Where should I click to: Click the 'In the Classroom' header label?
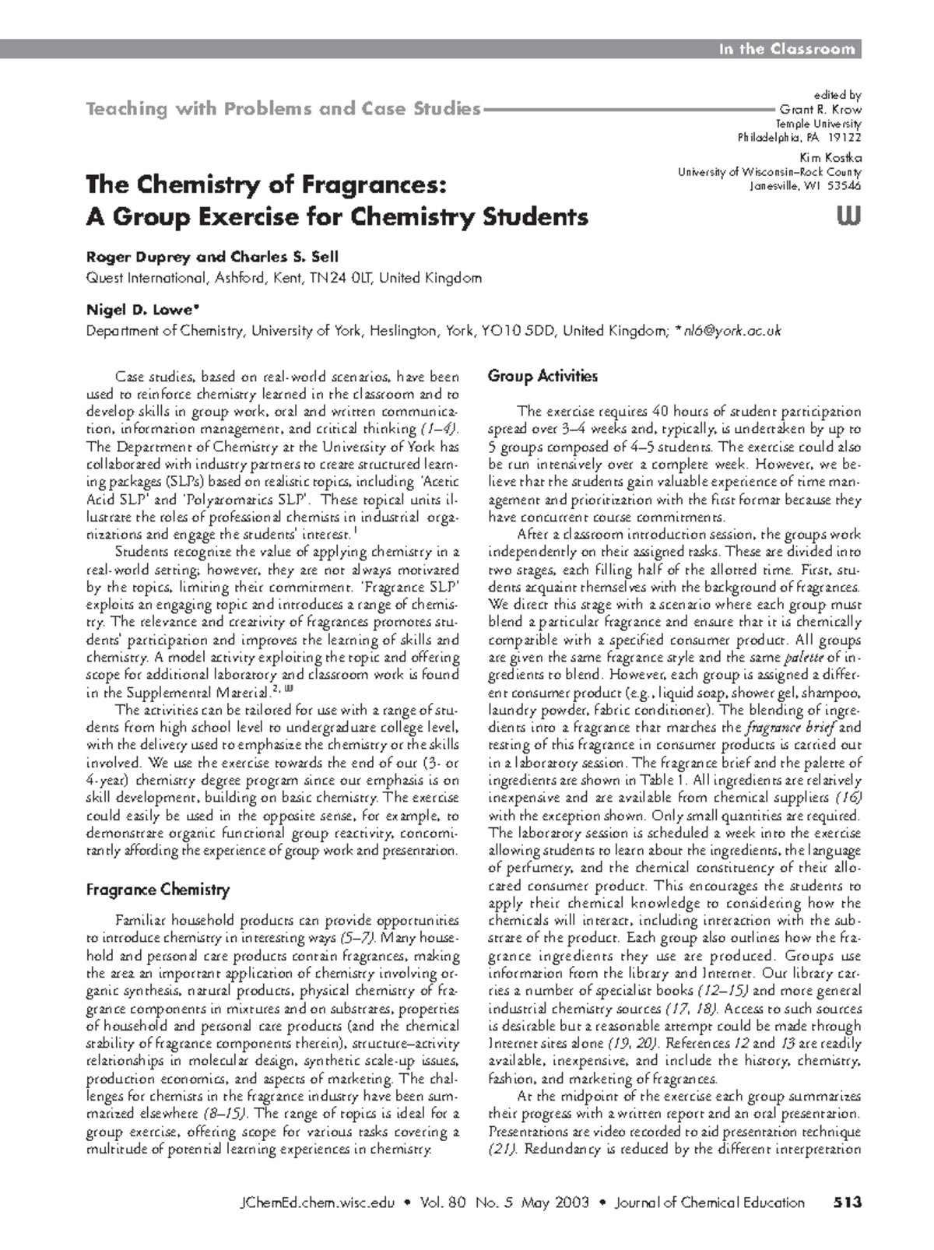[786, 49]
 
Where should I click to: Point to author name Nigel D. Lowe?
[135, 310]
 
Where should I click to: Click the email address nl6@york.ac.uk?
[730, 331]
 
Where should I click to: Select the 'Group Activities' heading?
[542, 377]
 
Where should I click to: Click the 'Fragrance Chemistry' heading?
[157, 890]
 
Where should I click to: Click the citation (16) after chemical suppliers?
[848, 798]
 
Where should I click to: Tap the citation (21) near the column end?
[503, 1150]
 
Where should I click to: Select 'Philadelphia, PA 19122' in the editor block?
[799, 138]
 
